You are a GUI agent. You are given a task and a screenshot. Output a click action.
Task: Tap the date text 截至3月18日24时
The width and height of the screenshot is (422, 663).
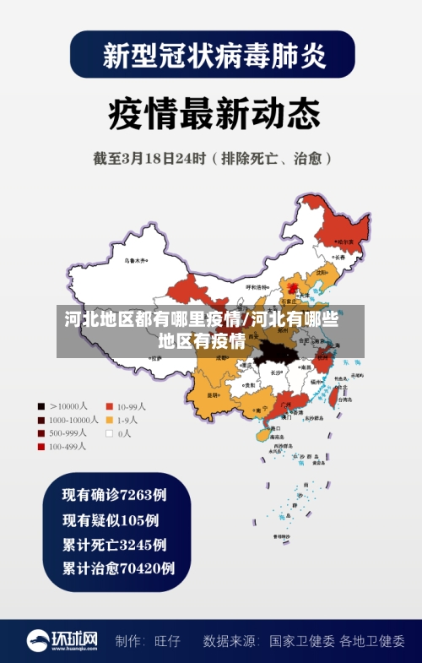click(x=149, y=158)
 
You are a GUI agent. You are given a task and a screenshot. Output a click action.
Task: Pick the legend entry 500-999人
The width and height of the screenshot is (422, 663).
click(x=63, y=433)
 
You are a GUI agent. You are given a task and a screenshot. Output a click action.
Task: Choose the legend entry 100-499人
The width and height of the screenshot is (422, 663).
click(x=63, y=447)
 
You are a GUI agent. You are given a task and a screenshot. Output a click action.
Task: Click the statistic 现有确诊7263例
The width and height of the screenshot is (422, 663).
click(x=114, y=494)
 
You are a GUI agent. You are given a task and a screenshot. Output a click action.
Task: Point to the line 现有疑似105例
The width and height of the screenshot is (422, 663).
click(x=110, y=519)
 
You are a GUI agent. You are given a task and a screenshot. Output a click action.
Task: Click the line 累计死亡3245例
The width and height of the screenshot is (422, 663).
click(x=114, y=544)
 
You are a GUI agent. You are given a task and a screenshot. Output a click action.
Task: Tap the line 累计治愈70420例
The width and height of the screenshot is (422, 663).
click(x=118, y=568)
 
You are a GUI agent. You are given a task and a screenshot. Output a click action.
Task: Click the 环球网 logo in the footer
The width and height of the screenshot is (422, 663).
click(x=63, y=640)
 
